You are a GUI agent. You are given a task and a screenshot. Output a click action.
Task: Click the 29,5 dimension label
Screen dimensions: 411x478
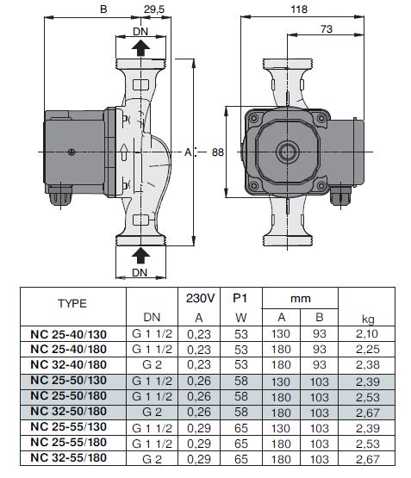pos(154,9)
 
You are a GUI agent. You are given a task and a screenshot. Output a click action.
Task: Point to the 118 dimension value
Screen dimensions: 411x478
pos(299,9)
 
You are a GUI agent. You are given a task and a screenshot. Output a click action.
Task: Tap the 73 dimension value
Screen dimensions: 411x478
pos(327,29)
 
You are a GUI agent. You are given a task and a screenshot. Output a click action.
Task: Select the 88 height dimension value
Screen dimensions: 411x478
pos(218,152)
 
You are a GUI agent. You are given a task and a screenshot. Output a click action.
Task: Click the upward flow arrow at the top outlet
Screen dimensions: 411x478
pos(140,48)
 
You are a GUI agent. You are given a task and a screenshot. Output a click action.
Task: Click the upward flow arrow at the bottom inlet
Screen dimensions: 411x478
pos(140,255)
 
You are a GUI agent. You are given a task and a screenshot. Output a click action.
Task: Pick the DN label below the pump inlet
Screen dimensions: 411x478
pos(140,272)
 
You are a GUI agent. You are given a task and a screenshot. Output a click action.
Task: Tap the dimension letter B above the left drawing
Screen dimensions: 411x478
pos(103,9)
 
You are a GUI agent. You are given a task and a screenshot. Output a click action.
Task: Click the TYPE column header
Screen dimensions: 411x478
pos(72,303)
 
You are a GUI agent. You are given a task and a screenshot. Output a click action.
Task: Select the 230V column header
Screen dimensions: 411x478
pos(200,298)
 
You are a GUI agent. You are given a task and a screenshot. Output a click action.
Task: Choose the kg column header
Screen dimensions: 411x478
pos(368,319)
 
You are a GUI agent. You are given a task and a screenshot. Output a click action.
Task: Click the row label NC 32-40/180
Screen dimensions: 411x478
pos(69,364)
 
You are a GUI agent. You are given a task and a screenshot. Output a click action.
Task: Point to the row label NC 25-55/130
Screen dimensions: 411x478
pos(69,427)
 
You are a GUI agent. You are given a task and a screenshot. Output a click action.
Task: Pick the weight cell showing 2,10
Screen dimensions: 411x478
pos(367,334)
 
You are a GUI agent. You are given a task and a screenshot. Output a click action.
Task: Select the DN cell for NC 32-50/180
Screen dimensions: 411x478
pos(152,413)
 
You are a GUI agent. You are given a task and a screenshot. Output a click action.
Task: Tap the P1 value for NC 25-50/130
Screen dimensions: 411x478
pos(241,381)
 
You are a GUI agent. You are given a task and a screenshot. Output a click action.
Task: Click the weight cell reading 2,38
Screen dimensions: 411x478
pos(368,365)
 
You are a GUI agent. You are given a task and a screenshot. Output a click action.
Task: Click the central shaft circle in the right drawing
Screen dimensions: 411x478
pos(288,152)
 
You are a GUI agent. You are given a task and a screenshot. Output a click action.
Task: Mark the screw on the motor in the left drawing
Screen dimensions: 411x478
pos(72,152)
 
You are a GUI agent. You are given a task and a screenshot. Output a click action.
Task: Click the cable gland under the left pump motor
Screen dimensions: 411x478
pos(60,196)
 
